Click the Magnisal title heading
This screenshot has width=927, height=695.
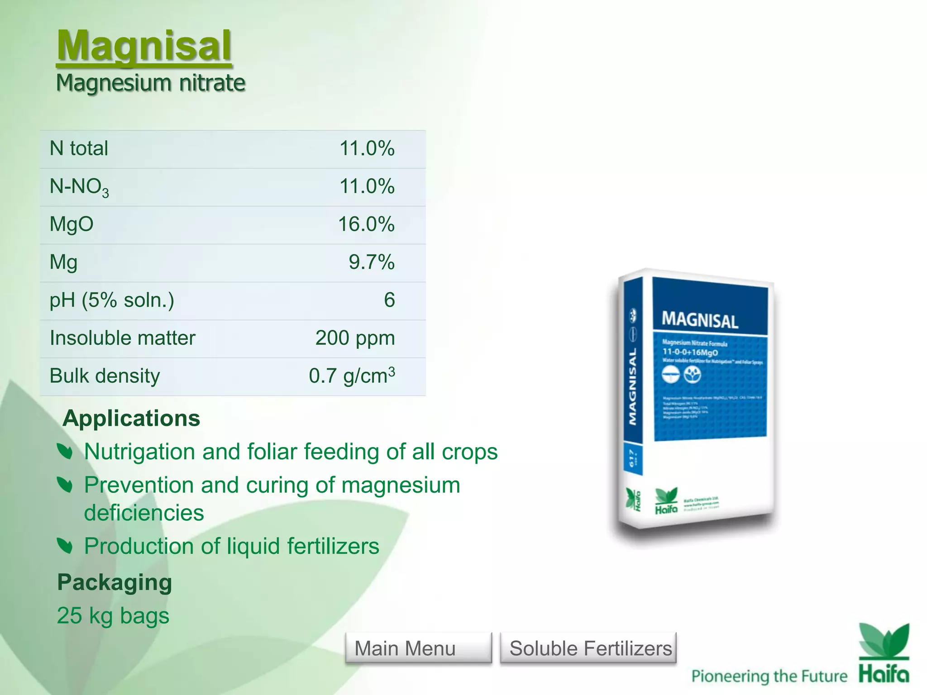(144, 46)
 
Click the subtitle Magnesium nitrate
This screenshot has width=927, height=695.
(150, 83)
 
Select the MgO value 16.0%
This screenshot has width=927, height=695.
(366, 224)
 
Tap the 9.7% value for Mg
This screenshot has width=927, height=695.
(371, 262)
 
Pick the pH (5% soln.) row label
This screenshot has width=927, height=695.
(112, 300)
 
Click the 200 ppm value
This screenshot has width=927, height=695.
(355, 338)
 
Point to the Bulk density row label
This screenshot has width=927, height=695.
(105, 376)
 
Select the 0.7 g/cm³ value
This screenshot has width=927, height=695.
(352, 376)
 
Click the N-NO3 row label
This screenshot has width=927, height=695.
(79, 187)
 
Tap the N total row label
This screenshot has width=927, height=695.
(79, 148)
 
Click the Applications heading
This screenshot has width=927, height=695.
(131, 418)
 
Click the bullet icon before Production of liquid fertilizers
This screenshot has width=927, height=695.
(65, 546)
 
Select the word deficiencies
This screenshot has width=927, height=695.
(144, 513)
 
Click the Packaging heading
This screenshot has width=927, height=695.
(115, 582)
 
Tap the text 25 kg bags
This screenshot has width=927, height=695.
(113, 616)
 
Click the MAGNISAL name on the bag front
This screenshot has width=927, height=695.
(700, 320)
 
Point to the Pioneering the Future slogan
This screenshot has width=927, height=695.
(769, 676)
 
